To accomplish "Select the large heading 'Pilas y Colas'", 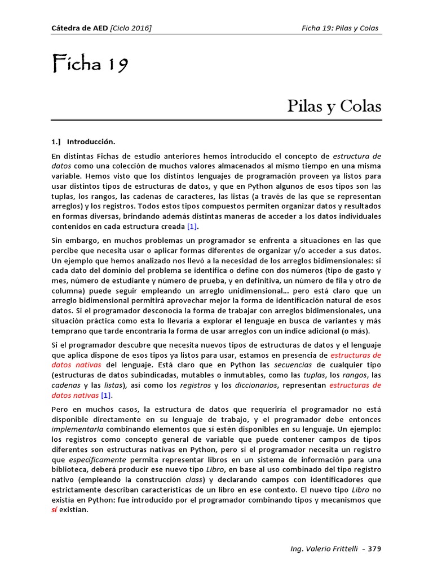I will point(334,106).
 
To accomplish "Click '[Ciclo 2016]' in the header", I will point(131,28).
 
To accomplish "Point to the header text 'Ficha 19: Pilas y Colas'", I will point(340,28).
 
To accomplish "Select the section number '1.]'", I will point(56,141).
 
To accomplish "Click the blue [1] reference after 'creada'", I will point(193,227).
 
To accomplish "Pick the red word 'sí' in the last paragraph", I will point(55,510).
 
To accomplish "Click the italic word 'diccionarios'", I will point(257,385).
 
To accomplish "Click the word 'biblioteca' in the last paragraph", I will point(69,470).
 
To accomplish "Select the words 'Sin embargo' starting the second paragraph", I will point(73,241).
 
